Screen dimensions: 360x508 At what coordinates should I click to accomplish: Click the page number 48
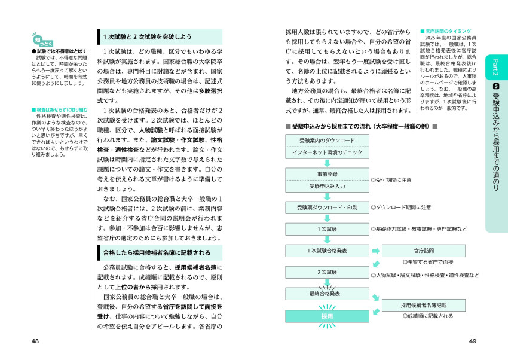pyautogui.click(x=35, y=341)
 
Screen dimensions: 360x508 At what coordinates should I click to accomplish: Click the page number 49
pyautogui.click(x=472, y=341)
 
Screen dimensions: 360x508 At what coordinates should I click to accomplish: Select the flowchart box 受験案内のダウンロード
pyautogui.click(x=327, y=140)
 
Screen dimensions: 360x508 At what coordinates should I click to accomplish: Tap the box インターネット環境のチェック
pyautogui.click(x=327, y=153)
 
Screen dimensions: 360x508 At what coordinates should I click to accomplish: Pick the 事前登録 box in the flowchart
pyautogui.click(x=327, y=173)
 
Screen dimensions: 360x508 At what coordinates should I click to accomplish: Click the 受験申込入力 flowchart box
pyautogui.click(x=327, y=186)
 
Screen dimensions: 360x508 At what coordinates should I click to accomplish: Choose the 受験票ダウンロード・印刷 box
pyautogui.click(x=327, y=208)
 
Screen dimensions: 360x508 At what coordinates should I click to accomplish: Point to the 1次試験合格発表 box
pyautogui.click(x=327, y=251)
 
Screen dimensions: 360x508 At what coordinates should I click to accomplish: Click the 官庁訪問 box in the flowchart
pyautogui.click(x=424, y=251)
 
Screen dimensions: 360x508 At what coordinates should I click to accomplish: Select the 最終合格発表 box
pyautogui.click(x=327, y=294)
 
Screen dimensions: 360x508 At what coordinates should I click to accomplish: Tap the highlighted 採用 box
pyautogui.click(x=327, y=316)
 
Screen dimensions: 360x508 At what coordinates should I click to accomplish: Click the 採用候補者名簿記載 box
pyautogui.click(x=424, y=305)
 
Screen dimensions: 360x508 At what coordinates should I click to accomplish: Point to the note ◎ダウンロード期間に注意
pyautogui.click(x=401, y=208)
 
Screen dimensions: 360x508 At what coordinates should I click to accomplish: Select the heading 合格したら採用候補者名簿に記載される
pyautogui.click(x=157, y=252)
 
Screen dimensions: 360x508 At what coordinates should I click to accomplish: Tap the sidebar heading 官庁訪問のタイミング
pyautogui.click(x=446, y=31)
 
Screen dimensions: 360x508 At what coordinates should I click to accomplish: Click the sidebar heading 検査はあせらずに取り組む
pyautogui.click(x=59, y=110)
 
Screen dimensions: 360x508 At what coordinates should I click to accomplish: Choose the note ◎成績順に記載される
pyautogui.click(x=427, y=316)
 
